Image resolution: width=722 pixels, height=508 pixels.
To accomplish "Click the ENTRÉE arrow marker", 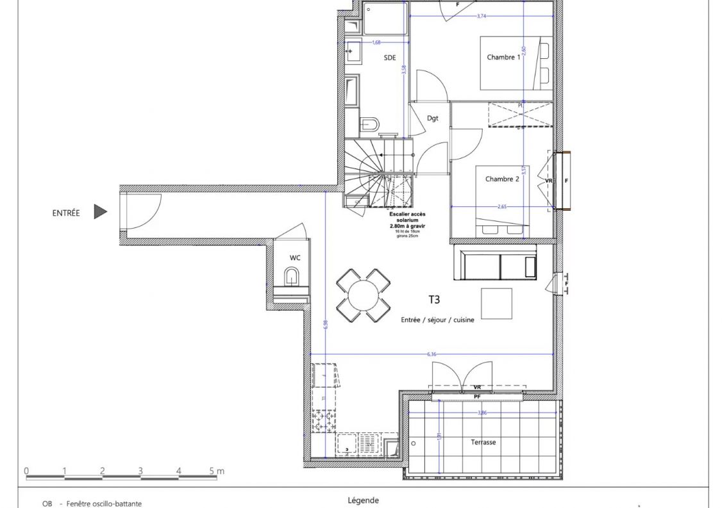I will pos(100,211).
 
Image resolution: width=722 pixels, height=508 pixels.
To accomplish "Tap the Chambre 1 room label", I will pos(503,58).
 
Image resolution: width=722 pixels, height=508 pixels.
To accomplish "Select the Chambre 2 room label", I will pos(502,179).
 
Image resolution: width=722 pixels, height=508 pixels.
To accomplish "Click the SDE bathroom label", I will pos(390,58).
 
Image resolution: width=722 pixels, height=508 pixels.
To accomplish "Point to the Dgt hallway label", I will pos(433,119).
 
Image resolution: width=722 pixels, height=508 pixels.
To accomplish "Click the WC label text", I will pos(295,258).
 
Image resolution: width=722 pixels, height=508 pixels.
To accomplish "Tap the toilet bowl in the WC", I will pos(292,277).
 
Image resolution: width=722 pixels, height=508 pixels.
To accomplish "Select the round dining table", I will pos(364,295).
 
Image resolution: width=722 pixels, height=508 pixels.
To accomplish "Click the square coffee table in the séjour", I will pos(497,304).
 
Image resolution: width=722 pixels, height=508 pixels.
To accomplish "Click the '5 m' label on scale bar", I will pos(217,471).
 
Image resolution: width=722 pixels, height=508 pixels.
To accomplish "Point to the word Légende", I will pos(363,500).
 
